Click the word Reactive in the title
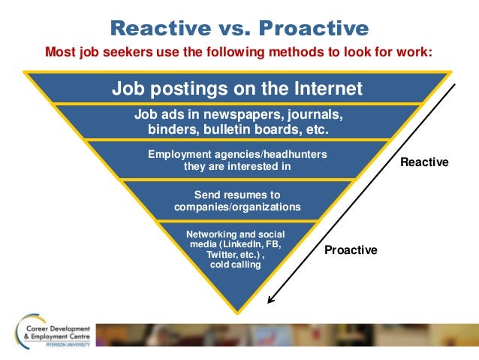(161, 28)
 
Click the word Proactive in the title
(314, 28)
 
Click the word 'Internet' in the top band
(328, 89)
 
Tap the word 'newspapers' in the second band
(242, 115)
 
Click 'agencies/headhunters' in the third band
(271, 154)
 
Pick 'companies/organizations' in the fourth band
(237, 207)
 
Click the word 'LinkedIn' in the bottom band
(243, 244)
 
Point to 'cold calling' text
(236, 265)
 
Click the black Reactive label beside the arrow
(424, 162)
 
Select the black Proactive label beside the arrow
(351, 250)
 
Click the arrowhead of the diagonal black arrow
(270, 300)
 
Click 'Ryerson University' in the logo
(68, 344)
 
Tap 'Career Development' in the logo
(58, 328)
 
